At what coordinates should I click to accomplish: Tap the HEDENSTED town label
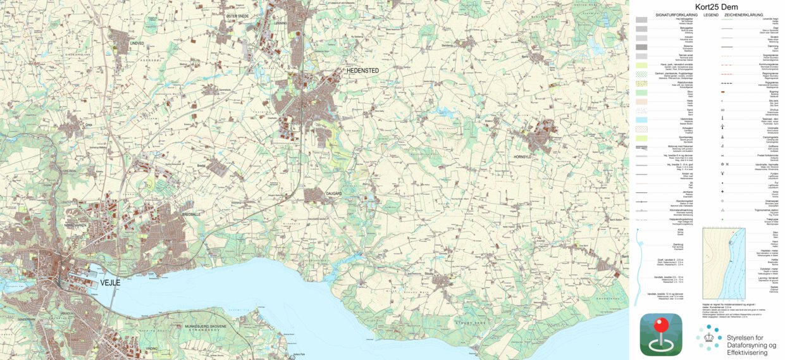[x=362, y=71]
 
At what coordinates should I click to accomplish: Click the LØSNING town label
[x=281, y=23]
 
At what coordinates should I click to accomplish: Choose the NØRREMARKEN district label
[x=78, y=225]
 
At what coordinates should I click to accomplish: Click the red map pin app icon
[x=661, y=334]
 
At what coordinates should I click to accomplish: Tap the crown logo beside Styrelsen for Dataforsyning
[x=709, y=337]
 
